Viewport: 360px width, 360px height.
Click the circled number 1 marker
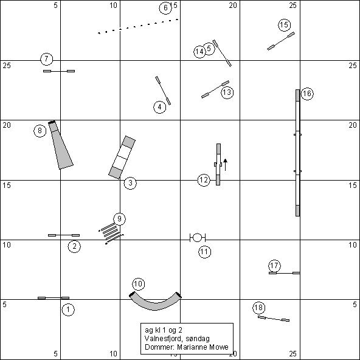68,310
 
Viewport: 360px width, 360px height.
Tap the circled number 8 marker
40,131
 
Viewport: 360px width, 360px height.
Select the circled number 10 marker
139,284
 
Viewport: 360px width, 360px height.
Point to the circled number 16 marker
307,94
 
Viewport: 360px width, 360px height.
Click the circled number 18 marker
259,308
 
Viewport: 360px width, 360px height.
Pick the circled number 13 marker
227,92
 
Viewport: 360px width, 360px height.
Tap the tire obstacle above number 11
197,238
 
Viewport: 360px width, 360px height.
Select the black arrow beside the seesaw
225,165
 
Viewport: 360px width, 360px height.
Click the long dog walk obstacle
297,153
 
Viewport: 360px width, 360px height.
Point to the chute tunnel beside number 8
60,145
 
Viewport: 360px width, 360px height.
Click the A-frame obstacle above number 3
122,157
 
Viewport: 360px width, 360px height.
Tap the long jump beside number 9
111,234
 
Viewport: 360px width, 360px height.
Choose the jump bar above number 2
64,235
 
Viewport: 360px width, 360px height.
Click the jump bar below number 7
59,71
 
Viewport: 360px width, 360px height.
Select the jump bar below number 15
281,41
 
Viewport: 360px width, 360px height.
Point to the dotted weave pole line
138,26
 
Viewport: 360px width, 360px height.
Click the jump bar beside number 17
285,273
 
